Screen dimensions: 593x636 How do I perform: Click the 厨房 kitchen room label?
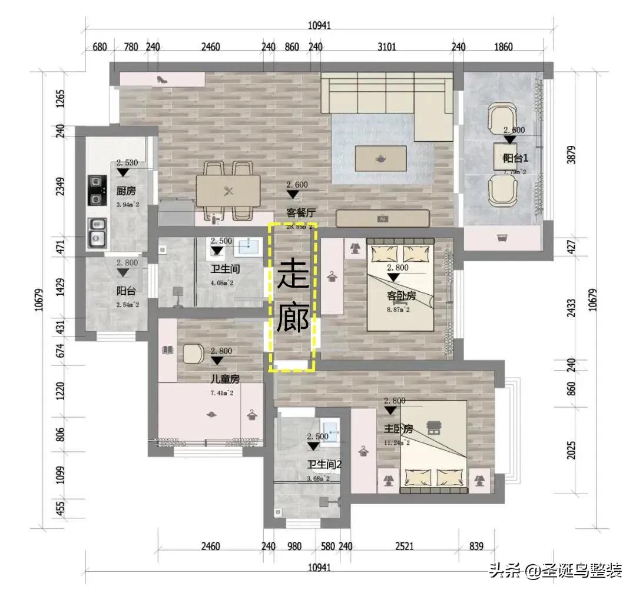(x=126, y=191)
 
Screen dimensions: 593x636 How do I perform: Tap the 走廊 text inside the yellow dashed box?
(x=293, y=297)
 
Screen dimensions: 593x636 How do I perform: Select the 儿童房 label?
(x=224, y=379)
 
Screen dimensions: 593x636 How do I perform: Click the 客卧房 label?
(x=402, y=295)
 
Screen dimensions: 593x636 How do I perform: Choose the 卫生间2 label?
(x=324, y=465)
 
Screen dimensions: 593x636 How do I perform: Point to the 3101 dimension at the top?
(x=386, y=47)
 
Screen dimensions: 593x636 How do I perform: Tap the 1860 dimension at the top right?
(x=502, y=47)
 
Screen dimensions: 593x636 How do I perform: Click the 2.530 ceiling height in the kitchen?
(x=127, y=162)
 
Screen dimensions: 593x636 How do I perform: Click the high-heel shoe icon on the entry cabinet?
(x=161, y=79)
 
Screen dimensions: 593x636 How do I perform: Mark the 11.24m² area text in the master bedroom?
(x=396, y=442)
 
